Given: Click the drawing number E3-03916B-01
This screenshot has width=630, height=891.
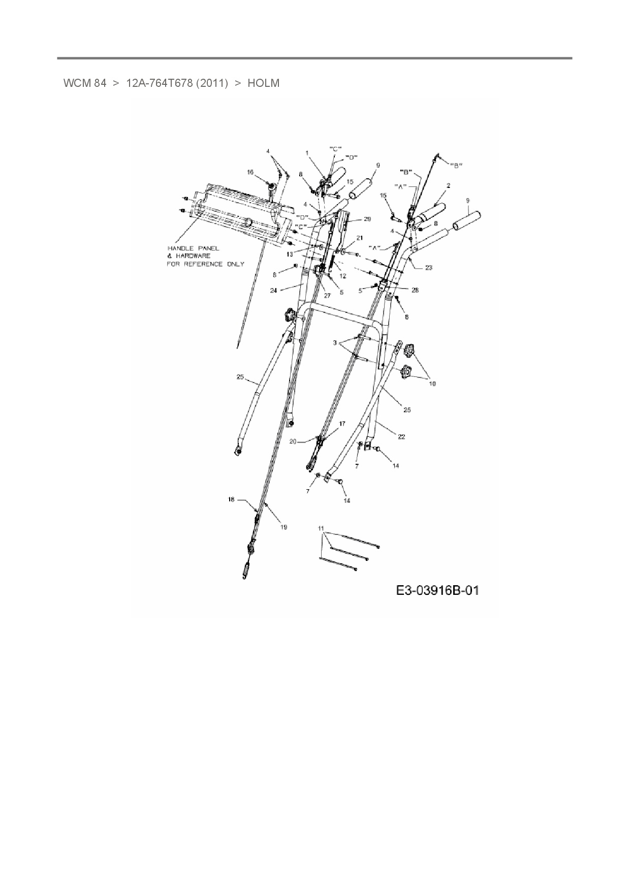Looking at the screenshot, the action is tap(437, 591).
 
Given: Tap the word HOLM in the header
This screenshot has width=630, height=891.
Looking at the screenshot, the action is tap(263, 83).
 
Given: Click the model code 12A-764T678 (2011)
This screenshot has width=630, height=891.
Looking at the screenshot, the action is tap(177, 83).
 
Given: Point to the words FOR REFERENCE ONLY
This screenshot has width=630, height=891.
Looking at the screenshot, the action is tap(205, 264).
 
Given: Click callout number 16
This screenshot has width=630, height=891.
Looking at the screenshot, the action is tap(250, 173).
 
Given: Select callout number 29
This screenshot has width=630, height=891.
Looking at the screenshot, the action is tap(367, 219).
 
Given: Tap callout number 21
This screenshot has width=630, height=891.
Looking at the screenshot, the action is tap(360, 238).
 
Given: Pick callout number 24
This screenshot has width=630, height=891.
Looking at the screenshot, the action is tap(273, 291).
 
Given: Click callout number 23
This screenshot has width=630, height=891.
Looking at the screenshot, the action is tap(428, 268).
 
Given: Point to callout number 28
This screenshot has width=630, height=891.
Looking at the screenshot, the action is tap(415, 290).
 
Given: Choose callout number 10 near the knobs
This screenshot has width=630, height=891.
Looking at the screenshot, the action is tap(432, 384).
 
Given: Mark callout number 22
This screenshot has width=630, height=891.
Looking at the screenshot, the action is tap(401, 436).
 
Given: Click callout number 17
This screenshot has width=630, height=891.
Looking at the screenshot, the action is tap(342, 423).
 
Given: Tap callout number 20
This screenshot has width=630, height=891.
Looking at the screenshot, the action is tap(293, 441).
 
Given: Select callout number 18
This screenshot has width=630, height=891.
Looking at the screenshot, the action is tap(231, 500).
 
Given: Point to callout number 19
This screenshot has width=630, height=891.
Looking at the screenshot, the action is tap(283, 527).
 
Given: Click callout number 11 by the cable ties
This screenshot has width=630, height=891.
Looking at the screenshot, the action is tap(321, 528).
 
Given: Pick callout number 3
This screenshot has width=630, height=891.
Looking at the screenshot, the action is tap(335, 343).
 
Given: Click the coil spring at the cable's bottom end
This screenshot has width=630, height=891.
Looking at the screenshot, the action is tap(246, 569).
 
